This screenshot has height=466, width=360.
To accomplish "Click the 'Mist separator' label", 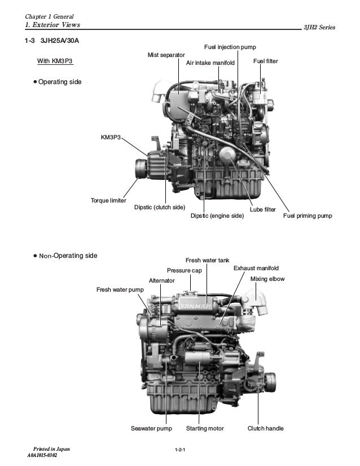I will pos(166,55).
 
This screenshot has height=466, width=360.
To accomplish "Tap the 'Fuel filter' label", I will pos(265,60).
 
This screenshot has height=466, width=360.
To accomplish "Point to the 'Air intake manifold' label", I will pos(210,63).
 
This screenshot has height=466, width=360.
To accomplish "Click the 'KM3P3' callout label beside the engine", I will pos(111,137).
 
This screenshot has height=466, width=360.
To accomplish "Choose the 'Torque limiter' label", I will pos(108,200).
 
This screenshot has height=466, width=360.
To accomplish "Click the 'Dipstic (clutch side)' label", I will pos(160,207).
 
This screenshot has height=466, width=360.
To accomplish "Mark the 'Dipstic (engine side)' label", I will pos(217,216).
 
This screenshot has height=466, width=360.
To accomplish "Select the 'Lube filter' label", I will pos(262,209).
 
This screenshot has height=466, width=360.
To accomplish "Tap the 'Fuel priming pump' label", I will pos(308,216).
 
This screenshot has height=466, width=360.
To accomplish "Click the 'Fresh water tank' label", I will pos(207,260).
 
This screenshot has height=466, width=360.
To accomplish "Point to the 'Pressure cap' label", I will pos(184,271).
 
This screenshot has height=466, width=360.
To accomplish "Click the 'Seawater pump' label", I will pos(151,429).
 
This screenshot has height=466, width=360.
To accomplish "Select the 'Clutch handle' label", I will pos(265,429).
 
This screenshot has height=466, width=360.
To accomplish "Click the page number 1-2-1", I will pos(181,449).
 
